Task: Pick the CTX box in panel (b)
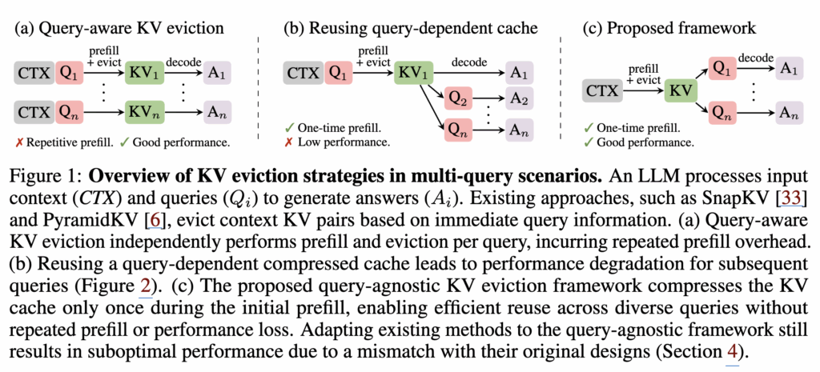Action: [x=303, y=74]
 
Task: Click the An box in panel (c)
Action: [x=788, y=110]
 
